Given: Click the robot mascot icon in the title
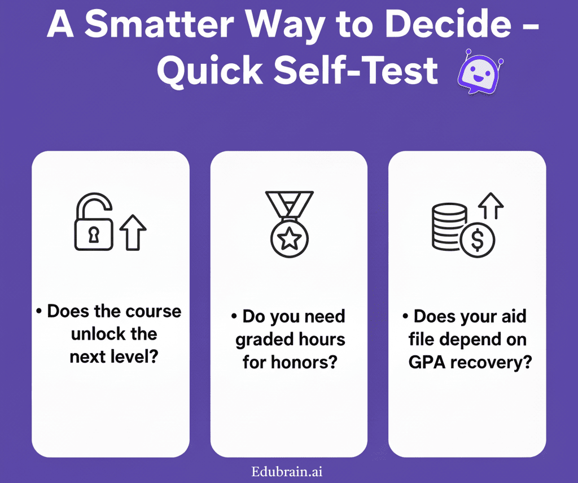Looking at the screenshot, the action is pyautogui.click(x=480, y=71).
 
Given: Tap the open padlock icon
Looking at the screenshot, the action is pyautogui.click(x=94, y=221).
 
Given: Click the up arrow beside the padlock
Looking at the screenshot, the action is pyautogui.click(x=133, y=233).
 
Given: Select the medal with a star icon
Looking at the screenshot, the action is pyautogui.click(x=290, y=224).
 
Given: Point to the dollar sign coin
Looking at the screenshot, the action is pyautogui.click(x=478, y=240).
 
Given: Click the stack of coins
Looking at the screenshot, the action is pyautogui.click(x=449, y=227).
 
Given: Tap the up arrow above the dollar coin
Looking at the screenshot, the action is pyautogui.click(x=491, y=206).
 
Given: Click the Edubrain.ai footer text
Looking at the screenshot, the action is pyautogui.click(x=287, y=472).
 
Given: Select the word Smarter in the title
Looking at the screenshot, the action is pyautogui.click(x=159, y=25).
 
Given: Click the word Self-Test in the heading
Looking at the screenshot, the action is pyautogui.click(x=356, y=70).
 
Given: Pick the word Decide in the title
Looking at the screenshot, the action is pyautogui.click(x=448, y=24).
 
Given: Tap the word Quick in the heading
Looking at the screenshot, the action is pyautogui.click(x=210, y=71).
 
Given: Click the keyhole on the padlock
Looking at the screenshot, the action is pyautogui.click(x=94, y=235).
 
